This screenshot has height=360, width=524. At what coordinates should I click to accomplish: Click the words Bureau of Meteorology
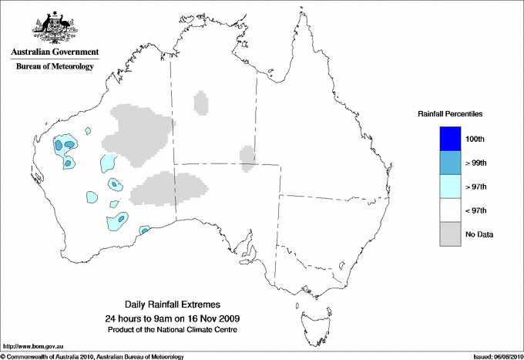point(55,67)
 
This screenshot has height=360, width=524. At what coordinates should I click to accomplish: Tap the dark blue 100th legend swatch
point(447,138)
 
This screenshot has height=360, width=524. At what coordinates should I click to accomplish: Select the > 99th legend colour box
point(447,162)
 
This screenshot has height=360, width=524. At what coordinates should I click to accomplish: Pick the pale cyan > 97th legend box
point(447,186)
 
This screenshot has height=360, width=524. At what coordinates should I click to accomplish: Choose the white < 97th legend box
point(447,210)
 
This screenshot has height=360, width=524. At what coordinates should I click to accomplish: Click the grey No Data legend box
point(447,234)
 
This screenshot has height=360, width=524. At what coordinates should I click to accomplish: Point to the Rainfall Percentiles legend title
point(450,113)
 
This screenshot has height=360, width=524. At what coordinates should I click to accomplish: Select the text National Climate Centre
point(207,330)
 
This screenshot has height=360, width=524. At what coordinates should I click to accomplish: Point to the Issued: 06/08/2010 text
point(492,356)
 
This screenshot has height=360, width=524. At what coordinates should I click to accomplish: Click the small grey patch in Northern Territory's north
point(201,103)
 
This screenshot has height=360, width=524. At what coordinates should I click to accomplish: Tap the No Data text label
point(479,234)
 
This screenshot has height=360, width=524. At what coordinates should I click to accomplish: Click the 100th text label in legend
point(475,139)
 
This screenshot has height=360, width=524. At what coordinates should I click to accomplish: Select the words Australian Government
point(55,52)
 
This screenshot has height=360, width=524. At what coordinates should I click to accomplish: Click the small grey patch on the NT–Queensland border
point(247,157)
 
